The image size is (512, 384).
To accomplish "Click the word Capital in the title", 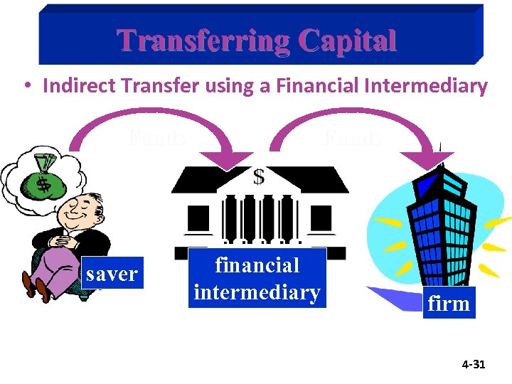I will (x=348, y=41).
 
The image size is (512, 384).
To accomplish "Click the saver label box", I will (x=112, y=273).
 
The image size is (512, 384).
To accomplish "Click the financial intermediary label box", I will (x=257, y=278).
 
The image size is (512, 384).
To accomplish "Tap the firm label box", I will (x=449, y=304).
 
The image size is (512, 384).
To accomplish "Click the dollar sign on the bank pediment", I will (x=259, y=176).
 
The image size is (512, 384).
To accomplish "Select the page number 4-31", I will (x=473, y=364).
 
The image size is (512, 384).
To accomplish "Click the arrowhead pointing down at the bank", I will (x=228, y=160).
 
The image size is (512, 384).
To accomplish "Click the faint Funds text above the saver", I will (x=158, y=137).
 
